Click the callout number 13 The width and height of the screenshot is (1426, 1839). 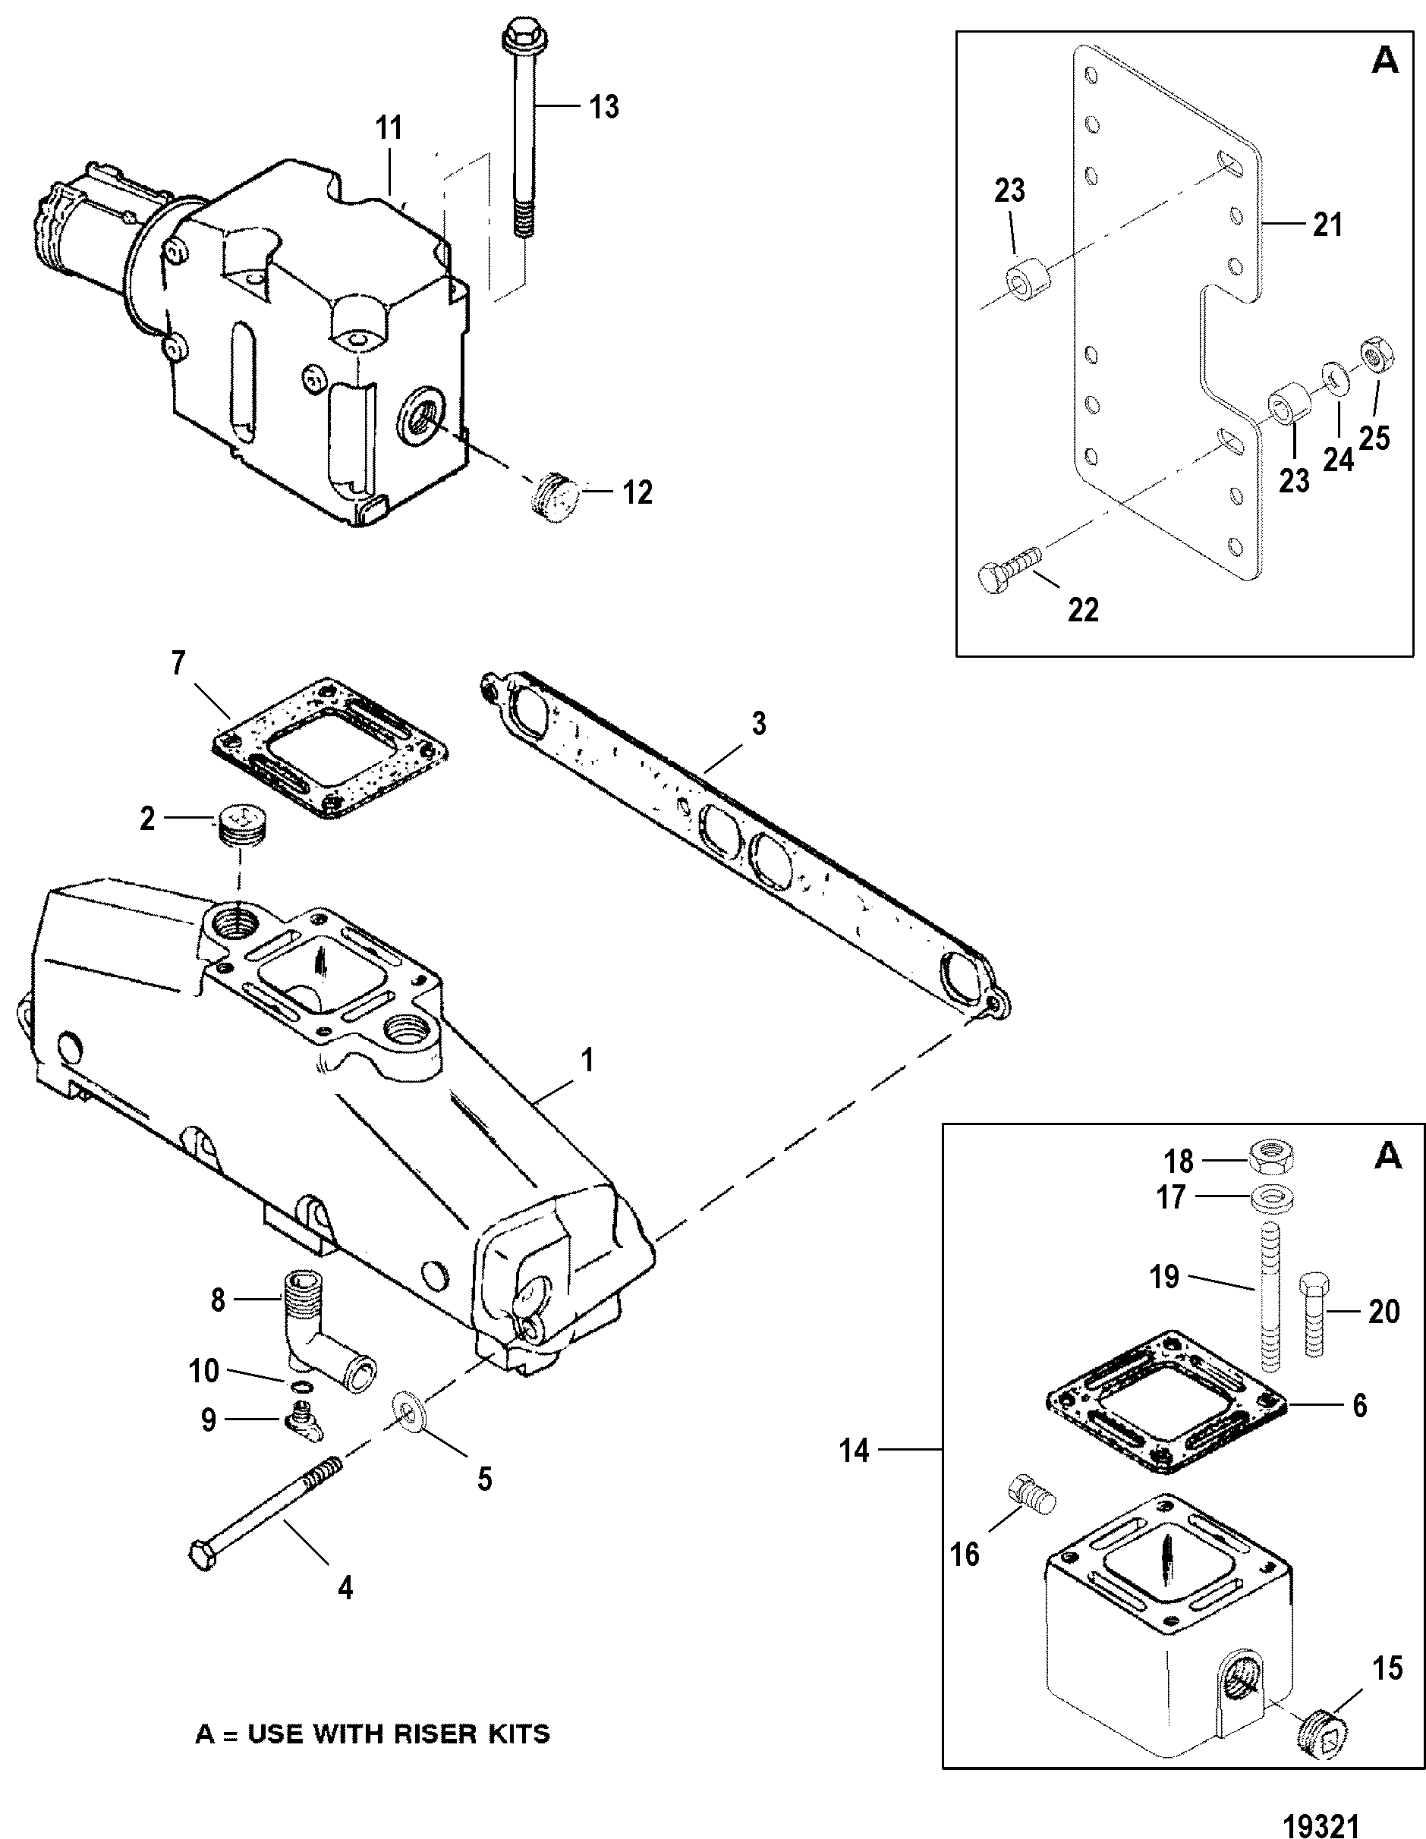pyautogui.click(x=603, y=107)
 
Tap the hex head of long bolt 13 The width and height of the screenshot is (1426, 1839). pyautogui.click(x=515, y=36)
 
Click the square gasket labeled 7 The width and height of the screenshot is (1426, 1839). pyautogui.click(x=329, y=748)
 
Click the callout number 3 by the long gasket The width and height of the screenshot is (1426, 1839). pyautogui.click(x=758, y=723)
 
